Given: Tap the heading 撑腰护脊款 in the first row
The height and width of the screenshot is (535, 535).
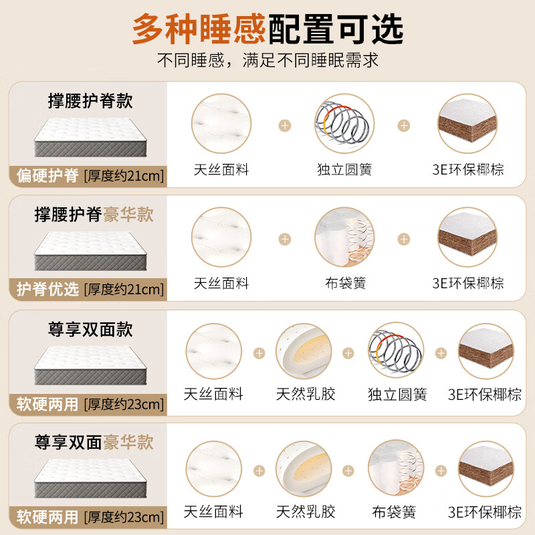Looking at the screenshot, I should coord(90,101).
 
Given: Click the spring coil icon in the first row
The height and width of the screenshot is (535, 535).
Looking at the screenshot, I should coord(344,124).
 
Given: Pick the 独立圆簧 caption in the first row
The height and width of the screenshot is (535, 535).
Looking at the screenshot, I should coord(344,169).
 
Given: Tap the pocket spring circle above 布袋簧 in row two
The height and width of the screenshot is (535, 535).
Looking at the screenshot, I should coord(344,237).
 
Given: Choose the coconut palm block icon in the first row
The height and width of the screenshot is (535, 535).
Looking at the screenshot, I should coord(467,124).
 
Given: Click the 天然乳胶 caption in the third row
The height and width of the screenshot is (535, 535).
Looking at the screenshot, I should coord(306,394).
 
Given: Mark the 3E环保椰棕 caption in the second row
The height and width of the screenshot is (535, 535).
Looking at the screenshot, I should coord(468,283).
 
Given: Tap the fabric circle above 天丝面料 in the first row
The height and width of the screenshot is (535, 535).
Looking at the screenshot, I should coord(221,124).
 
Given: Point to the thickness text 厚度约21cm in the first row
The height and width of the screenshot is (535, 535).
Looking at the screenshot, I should coord(124,177).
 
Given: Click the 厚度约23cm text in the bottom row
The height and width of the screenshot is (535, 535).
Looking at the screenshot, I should coord(124,517).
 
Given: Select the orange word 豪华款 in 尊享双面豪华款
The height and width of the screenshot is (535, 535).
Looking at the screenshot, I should coord(128,442).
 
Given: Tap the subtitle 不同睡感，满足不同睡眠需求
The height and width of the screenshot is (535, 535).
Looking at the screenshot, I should coord(267,61).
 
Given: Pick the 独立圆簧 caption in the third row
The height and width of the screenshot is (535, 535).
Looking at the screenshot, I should coord(397,394).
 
